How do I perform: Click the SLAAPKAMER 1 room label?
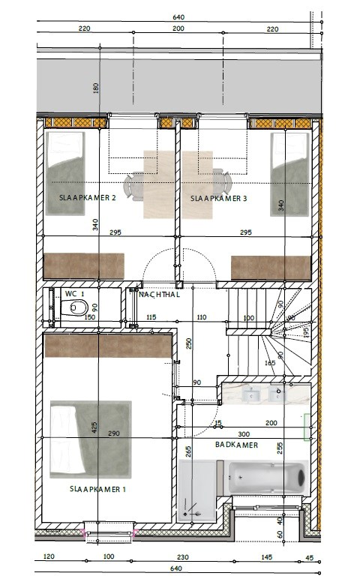(97, 489)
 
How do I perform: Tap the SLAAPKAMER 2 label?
(87, 198)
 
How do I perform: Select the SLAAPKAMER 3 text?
(218, 199)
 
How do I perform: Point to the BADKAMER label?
(236, 445)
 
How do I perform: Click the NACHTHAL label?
(159, 294)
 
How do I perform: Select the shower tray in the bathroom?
(197, 490)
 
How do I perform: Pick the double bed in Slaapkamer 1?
(91, 439)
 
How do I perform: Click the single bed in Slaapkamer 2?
(65, 173)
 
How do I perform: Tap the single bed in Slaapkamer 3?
(290, 174)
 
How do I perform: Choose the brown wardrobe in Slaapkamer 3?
(271, 268)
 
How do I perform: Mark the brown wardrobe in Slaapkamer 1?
(108, 346)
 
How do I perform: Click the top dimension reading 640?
(178, 17)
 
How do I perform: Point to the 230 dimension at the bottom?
(182, 557)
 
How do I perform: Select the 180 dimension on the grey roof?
(96, 88)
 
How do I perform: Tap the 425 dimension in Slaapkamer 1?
(94, 427)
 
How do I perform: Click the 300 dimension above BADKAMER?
(244, 434)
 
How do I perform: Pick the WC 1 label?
(74, 294)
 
